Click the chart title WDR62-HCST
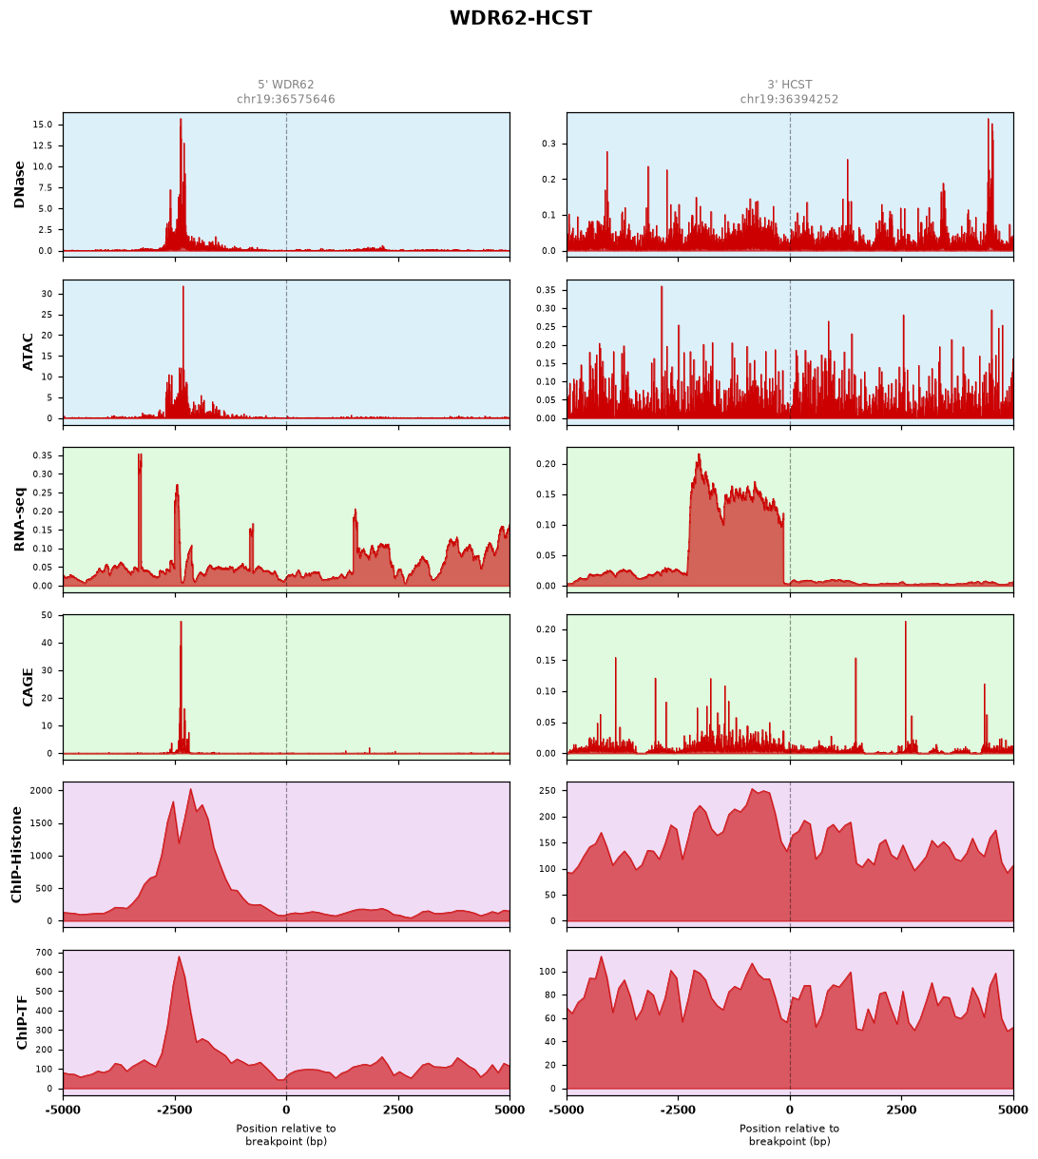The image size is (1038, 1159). pos(520,18)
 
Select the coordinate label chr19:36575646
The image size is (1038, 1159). pos(285,99)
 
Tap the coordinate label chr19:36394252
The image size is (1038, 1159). pos(789,99)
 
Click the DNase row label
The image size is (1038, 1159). pos(19,184)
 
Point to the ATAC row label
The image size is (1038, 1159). pos(28,352)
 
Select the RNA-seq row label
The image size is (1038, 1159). pos(19,519)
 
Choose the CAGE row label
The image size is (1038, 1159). pos(28,686)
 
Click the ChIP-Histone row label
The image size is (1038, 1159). pos(16,854)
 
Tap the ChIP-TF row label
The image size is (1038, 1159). pos(22,1022)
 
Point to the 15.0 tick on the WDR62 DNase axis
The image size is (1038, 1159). pos(43,125)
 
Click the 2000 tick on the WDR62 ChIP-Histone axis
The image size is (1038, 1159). pos(41,790)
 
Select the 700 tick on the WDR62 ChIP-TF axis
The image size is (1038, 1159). pos(44,953)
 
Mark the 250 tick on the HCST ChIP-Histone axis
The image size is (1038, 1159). pos(548,790)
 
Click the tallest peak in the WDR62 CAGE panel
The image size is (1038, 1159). pos(181,622)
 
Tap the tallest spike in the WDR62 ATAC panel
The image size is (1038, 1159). pos(183,286)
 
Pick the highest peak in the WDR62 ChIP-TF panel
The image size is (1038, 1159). pos(179,956)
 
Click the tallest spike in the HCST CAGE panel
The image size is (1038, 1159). pos(905,622)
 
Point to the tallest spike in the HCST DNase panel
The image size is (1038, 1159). pos(988,119)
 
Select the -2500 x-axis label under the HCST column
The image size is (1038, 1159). pos(678,1110)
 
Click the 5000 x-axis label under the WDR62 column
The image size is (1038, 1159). pos(509,1110)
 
